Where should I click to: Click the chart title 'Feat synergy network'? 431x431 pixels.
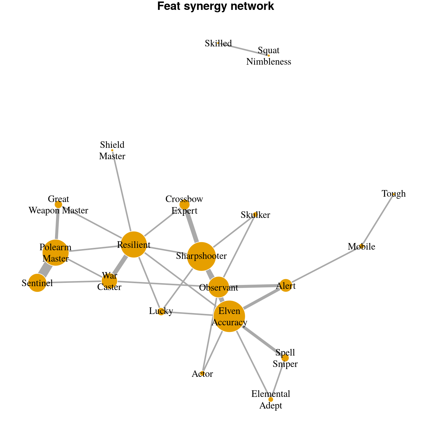tap(215, 7)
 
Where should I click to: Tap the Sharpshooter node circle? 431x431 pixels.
tap(201, 257)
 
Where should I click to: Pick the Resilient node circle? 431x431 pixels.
tap(134, 245)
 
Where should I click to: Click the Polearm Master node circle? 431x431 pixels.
tap(55, 253)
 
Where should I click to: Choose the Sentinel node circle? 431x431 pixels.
tap(37, 283)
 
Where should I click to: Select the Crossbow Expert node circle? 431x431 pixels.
tap(184, 205)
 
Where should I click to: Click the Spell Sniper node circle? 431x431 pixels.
tap(285, 358)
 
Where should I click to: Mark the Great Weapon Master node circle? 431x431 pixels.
tap(58, 205)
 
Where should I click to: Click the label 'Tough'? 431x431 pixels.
tap(394, 194)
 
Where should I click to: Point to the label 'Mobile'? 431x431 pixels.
tap(361, 247)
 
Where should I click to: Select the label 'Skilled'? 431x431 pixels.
tap(218, 44)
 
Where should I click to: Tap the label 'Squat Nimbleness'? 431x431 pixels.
tap(268, 56)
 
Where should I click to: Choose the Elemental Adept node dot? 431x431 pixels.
tap(271, 399)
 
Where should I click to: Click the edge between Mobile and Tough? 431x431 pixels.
tap(378, 220)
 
